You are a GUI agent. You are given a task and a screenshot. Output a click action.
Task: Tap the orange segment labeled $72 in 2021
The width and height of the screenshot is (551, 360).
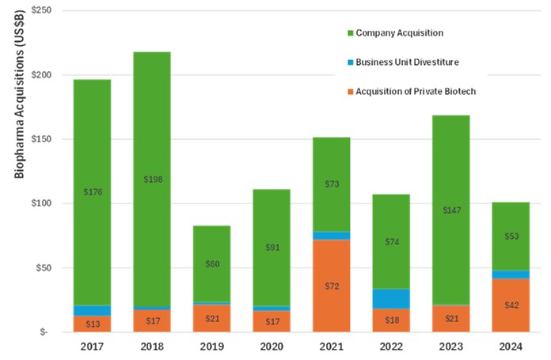coord(331,285)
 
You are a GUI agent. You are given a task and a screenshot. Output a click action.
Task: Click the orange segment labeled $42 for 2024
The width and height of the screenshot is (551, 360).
coord(510,305)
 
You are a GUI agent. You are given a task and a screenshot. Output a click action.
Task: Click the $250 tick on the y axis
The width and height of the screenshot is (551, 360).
coord(41,10)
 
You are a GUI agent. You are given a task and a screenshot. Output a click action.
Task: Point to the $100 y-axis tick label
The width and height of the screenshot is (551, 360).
coord(41,203)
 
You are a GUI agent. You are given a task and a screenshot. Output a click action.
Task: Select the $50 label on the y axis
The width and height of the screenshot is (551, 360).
coord(43,267)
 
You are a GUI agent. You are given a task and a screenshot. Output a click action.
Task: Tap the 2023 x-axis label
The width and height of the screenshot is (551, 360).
coord(450,346)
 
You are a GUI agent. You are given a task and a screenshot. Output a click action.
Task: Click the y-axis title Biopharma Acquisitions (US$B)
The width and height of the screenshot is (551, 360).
coord(18,124)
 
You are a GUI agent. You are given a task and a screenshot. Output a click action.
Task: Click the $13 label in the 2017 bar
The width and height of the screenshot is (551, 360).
coord(91,324)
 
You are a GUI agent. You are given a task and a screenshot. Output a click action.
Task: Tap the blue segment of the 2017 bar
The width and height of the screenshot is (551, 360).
coord(91,310)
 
